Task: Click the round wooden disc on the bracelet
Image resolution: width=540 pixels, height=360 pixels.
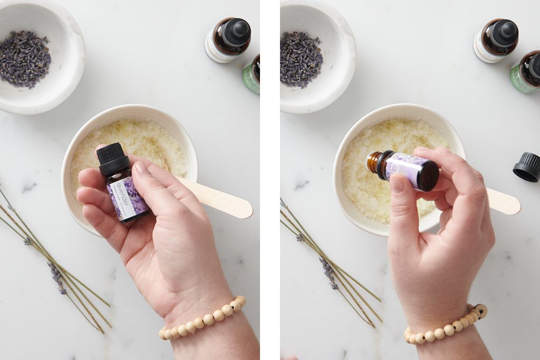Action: tap(480, 310)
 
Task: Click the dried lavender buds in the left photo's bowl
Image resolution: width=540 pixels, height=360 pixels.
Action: tap(24, 58)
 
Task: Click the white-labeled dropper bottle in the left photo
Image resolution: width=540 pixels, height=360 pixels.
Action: tap(227, 40)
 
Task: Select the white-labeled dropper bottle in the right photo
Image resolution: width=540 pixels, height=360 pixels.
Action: tap(496, 40)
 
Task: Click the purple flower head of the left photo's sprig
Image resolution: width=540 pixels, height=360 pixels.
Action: tap(56, 277)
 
